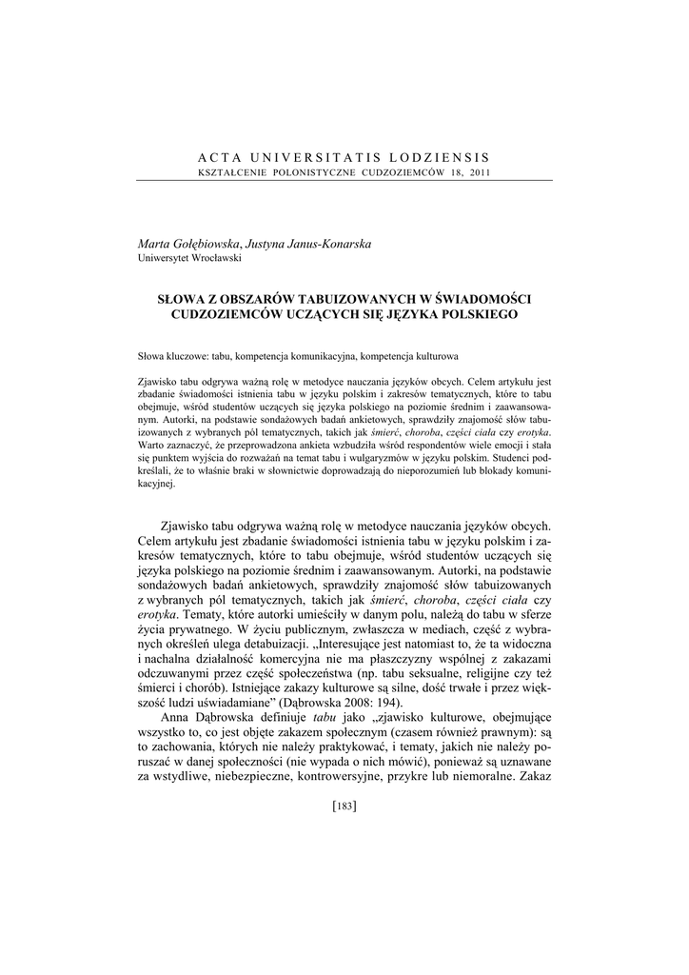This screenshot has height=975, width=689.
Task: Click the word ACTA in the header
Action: click(x=220, y=157)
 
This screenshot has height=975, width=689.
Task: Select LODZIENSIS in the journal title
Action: click(x=440, y=157)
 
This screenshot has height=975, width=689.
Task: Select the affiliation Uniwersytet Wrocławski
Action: click(x=189, y=258)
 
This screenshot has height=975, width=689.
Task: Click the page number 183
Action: click(x=344, y=806)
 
